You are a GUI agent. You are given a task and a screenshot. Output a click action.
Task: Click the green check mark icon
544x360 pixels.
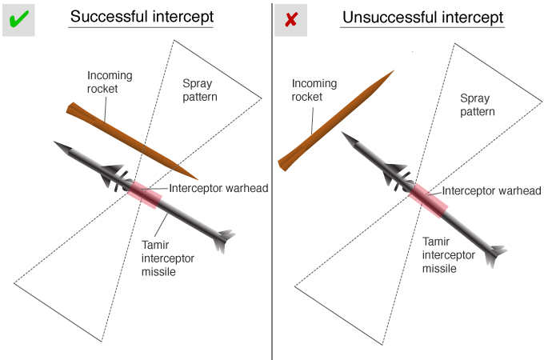click(18, 18)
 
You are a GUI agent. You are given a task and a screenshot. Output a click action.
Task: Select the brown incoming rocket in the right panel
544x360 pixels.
click(336, 120)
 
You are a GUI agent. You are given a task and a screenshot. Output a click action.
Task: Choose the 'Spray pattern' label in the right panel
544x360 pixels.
click(477, 105)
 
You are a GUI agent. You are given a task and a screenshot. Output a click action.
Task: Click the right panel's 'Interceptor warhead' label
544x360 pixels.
click(492, 190)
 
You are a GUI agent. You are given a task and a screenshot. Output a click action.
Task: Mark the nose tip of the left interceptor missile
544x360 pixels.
click(56, 144)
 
